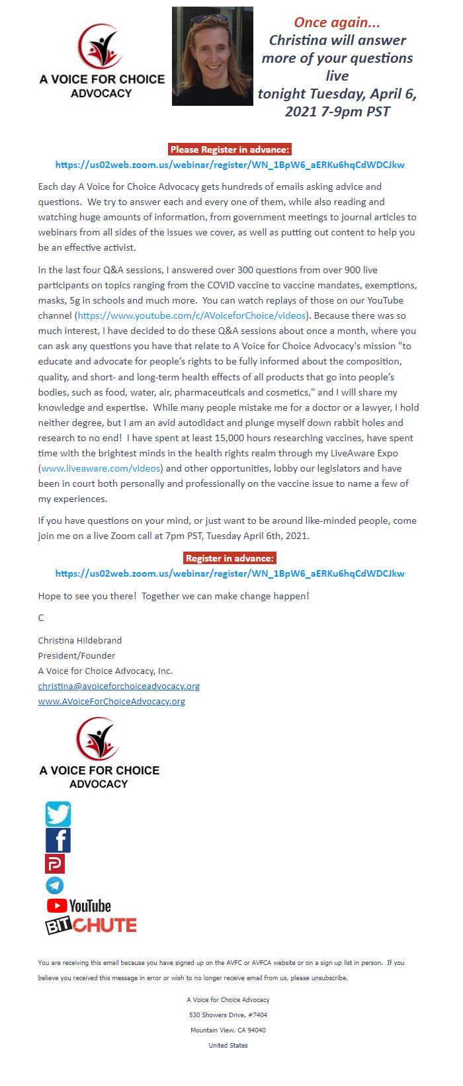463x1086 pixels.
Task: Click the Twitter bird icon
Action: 58,814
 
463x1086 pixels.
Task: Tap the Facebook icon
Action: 58,840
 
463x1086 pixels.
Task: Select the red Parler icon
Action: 54,864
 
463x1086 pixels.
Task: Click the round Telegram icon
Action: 54,885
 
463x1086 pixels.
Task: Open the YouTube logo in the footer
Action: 79,905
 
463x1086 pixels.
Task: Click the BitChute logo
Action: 91,925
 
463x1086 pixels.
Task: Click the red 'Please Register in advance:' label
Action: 230,149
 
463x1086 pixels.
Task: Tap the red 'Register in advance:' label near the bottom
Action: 230,558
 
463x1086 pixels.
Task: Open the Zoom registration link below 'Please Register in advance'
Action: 230,165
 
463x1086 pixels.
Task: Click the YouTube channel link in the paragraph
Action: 192,315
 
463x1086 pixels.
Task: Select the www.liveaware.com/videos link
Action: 101,468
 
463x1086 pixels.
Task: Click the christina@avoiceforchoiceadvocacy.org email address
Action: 119,686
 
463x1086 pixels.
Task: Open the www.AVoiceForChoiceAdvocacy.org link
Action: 112,701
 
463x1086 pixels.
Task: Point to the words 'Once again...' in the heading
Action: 337,22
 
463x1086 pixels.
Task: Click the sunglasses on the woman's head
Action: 209,19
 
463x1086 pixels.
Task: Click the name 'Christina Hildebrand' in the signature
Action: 80,640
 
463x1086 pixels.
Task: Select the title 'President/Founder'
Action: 77,655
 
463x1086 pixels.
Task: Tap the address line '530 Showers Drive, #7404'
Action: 228,1015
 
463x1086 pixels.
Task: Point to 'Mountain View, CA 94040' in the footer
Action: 228,1030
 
